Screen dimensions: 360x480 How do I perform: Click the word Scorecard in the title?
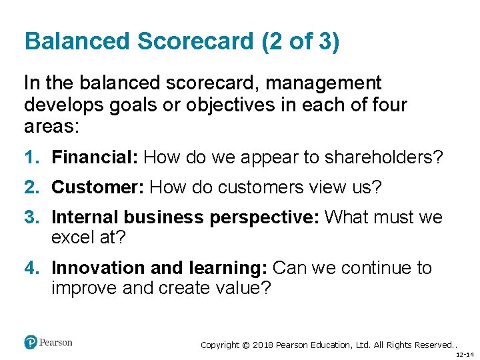[195, 41]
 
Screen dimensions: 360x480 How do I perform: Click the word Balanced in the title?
[77, 41]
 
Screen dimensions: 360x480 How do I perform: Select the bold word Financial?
[95, 157]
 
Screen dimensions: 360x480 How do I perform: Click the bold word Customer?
[98, 188]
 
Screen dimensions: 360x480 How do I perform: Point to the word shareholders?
[383, 157]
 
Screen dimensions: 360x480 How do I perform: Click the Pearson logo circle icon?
[31, 343]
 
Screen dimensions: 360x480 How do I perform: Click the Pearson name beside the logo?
[55, 343]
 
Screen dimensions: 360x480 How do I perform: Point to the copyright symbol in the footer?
[245, 345]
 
